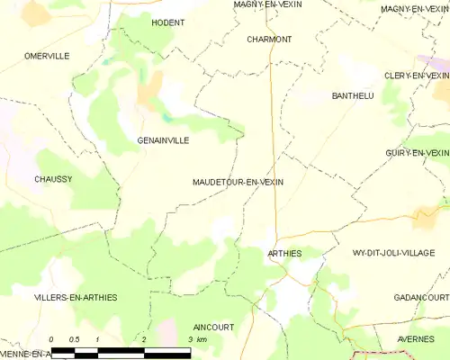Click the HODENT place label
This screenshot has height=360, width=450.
click(x=168, y=22)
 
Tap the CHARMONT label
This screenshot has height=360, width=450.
click(x=269, y=40)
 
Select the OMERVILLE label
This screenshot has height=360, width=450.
click(x=47, y=56)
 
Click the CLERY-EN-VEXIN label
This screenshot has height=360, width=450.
click(x=416, y=76)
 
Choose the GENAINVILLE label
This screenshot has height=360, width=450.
click(x=163, y=140)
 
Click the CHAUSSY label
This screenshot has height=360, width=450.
click(x=53, y=179)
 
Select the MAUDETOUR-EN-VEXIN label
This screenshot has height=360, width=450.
click(x=238, y=182)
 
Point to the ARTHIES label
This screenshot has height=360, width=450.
click(x=284, y=254)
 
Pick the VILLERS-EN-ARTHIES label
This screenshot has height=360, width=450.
click(x=76, y=297)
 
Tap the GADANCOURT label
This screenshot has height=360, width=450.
click(x=421, y=297)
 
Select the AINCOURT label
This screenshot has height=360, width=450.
click(x=214, y=327)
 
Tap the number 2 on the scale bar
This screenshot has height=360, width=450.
click(x=144, y=339)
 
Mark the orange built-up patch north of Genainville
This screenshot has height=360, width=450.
click(x=149, y=87)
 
